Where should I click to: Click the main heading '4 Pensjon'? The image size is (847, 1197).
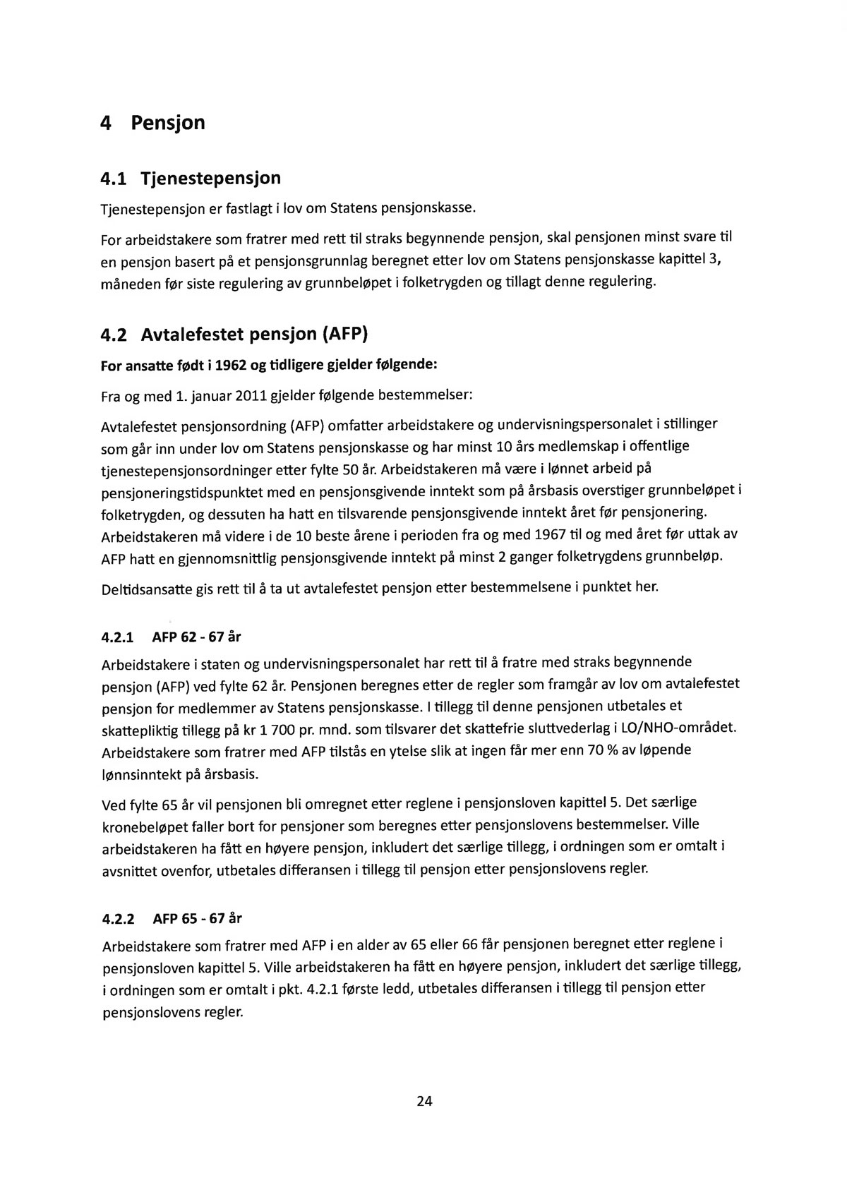(152, 124)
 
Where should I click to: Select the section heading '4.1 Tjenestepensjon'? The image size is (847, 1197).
(191, 178)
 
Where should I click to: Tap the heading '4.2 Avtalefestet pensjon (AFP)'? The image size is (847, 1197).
(234, 335)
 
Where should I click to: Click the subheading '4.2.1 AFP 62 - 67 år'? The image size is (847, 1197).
(172, 638)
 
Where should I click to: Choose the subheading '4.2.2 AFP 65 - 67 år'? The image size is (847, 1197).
(172, 919)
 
